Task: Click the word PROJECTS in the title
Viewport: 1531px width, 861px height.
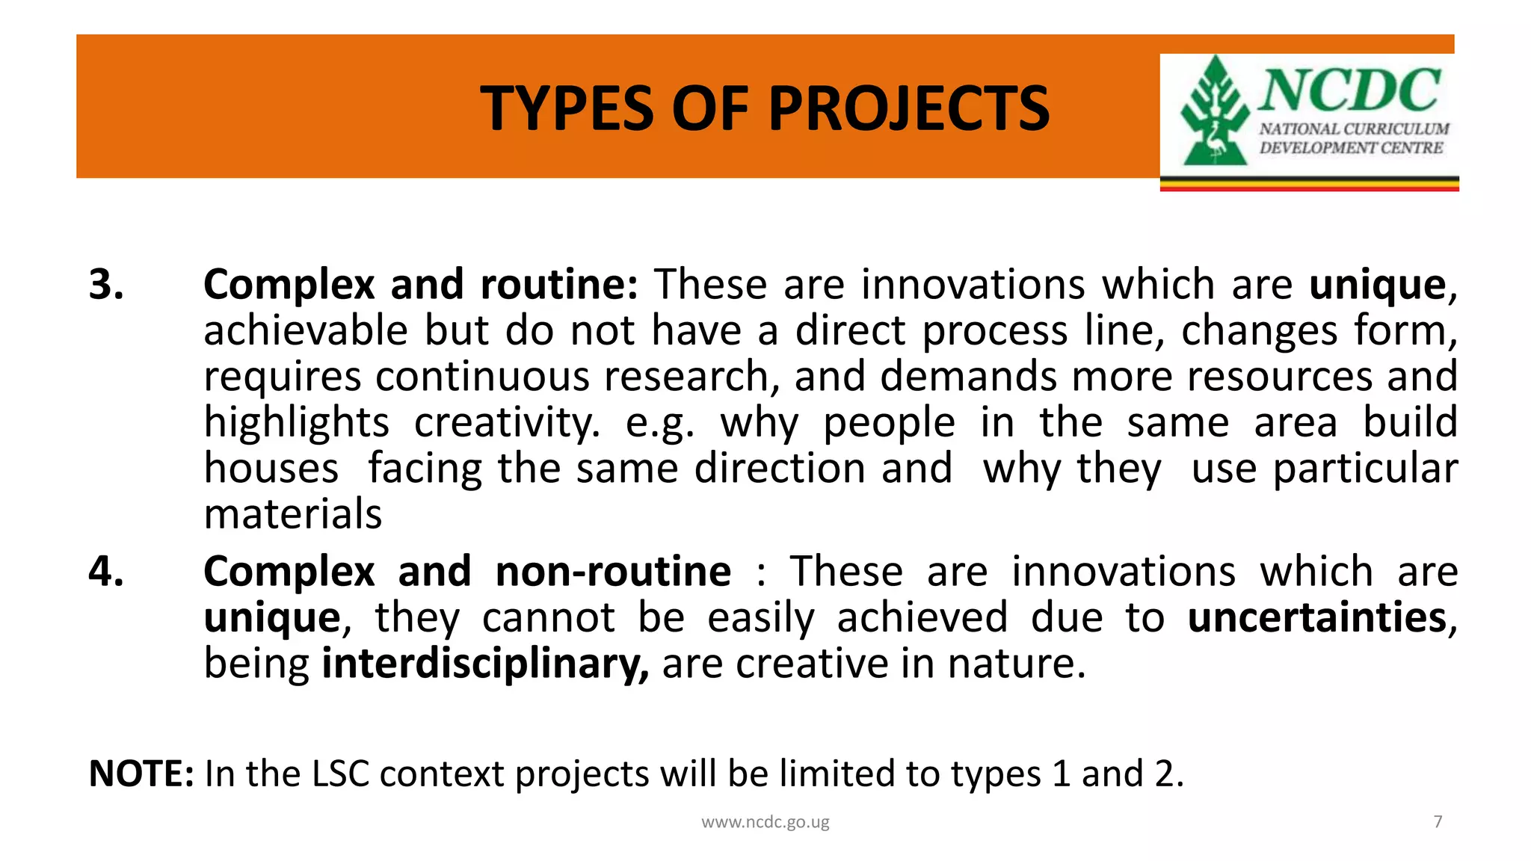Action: tap(908, 108)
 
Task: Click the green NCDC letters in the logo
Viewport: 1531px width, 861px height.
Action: tap(1350, 90)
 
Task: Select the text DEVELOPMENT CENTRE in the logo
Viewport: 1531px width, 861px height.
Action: tap(1351, 148)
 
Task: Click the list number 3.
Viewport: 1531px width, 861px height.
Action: tap(106, 285)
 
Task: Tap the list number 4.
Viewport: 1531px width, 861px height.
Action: tap(106, 572)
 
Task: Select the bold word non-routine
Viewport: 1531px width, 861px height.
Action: tap(613, 572)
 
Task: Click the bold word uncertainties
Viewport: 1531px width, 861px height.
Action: tap(1317, 618)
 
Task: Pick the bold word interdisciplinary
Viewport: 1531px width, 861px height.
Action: tap(485, 664)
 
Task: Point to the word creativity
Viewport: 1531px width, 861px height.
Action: tap(507, 423)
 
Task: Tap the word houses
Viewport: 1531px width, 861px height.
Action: tap(271, 469)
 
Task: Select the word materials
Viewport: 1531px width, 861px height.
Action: tap(293, 514)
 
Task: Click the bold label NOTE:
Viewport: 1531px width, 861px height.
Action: tap(141, 774)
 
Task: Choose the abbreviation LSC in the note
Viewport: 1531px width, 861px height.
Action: tap(340, 774)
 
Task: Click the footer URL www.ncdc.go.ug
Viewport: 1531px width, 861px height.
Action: tap(765, 822)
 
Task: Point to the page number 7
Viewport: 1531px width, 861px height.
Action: tap(1438, 821)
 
